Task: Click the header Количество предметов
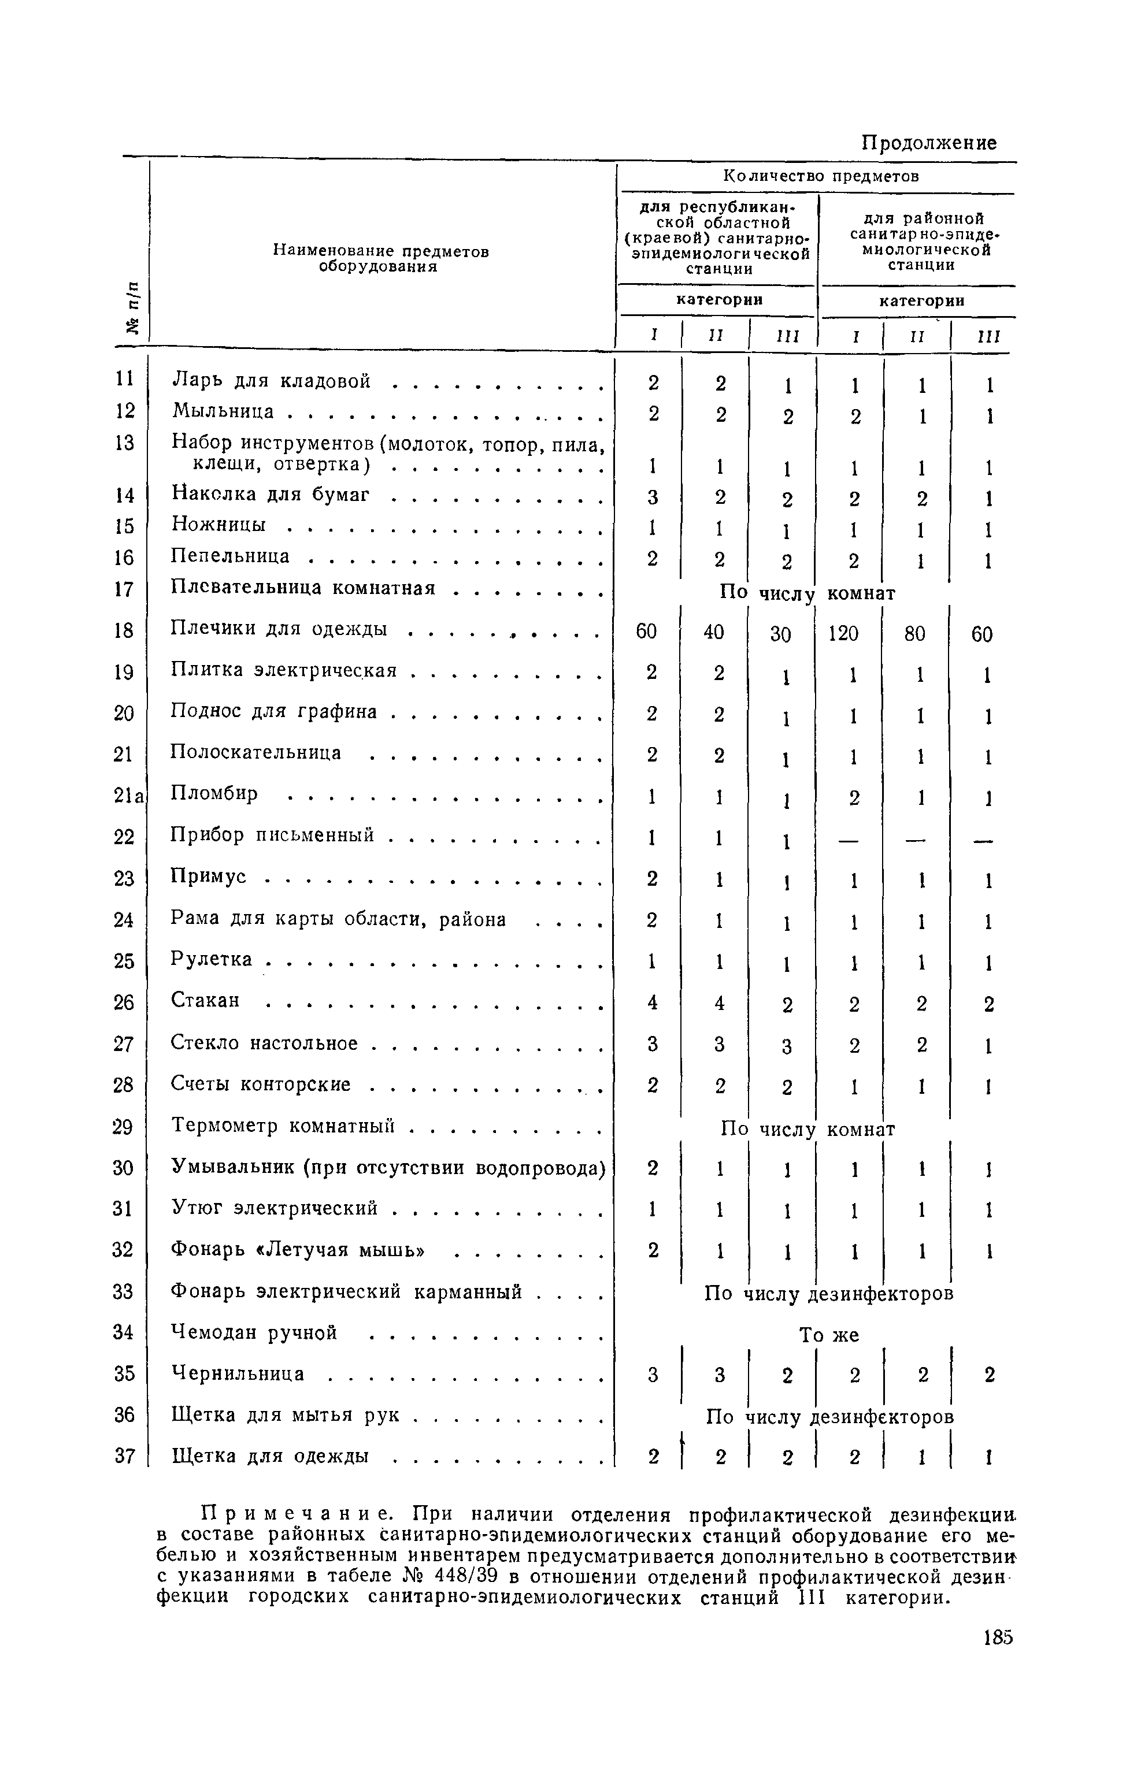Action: tap(821, 176)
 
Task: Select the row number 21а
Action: tap(131, 794)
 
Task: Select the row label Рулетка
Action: tap(212, 959)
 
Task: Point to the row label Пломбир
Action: tap(214, 794)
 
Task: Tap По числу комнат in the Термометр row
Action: tap(808, 1129)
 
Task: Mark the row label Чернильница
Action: tap(238, 1373)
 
